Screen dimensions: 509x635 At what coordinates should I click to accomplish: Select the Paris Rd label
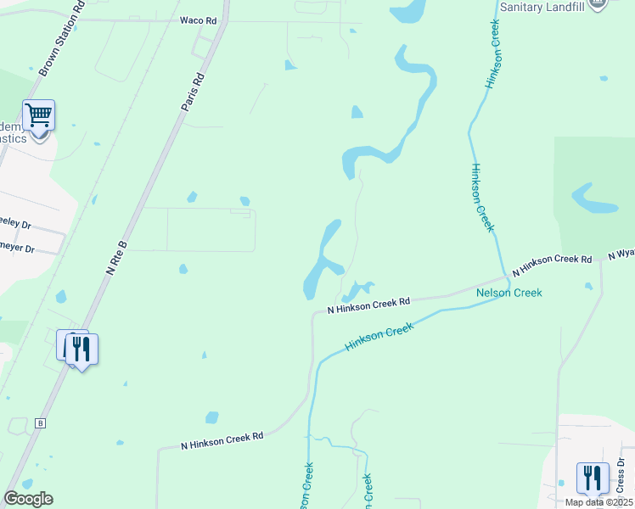coord(194,92)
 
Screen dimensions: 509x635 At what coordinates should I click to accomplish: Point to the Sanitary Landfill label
coord(543,6)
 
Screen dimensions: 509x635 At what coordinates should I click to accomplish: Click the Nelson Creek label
coord(509,293)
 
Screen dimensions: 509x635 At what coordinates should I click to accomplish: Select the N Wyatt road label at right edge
coord(621,254)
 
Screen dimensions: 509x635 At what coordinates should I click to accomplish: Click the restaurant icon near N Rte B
coord(81,348)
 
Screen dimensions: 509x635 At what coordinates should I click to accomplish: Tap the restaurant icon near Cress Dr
coord(593,478)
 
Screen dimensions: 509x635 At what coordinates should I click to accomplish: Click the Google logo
coord(28,499)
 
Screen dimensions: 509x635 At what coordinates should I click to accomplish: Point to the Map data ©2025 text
coord(599,502)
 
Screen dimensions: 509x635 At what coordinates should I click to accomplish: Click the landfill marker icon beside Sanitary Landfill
coord(598,3)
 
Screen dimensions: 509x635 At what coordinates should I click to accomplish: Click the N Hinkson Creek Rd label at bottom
coord(222,440)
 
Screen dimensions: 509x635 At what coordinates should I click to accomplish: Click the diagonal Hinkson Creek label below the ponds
coord(379,336)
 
